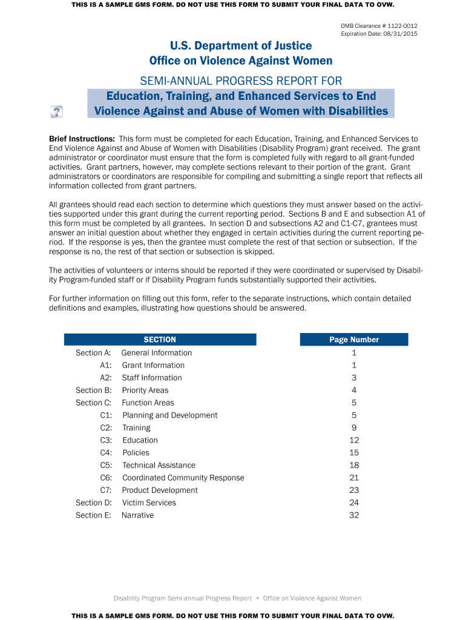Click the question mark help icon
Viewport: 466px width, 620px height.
[56, 111]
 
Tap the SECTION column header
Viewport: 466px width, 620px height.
[160, 340]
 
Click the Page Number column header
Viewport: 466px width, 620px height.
[354, 340]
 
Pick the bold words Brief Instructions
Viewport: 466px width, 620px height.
[82, 139]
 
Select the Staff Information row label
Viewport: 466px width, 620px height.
[152, 378]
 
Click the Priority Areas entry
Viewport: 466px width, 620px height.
[145, 391]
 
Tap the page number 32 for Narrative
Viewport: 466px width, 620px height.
[354, 515]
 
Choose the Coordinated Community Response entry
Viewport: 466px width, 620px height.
[183, 478]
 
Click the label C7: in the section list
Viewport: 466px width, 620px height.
[106, 490]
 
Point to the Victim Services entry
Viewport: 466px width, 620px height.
[149, 503]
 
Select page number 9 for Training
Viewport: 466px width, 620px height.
[354, 428]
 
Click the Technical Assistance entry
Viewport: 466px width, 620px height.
[159, 466]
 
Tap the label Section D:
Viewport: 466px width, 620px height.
[94, 503]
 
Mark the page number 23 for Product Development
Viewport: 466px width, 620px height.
[354, 490]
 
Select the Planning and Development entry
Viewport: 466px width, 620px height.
[170, 415]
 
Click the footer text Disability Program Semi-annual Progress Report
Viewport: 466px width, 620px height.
[183, 598]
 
